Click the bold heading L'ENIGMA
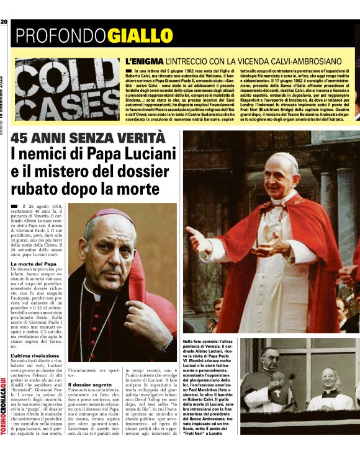tap(144, 62)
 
